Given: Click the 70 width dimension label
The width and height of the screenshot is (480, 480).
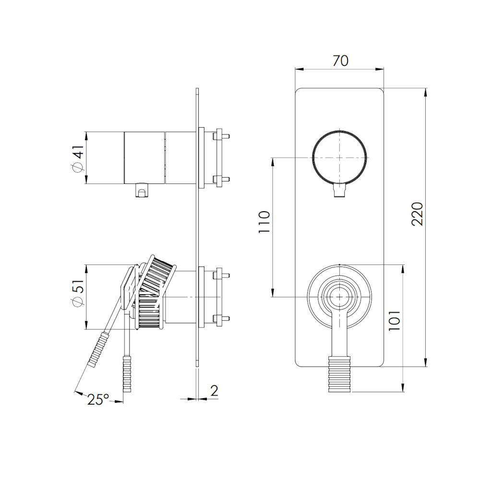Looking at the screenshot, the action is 340,60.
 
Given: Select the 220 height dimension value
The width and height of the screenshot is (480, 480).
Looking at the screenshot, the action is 417,214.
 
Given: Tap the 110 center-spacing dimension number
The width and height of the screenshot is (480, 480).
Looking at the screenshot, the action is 264,222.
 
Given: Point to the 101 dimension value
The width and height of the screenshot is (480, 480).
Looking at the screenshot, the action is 395,321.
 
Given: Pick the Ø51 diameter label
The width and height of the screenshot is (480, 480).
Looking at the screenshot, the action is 78,293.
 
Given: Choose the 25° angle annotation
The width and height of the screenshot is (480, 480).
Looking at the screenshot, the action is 98,399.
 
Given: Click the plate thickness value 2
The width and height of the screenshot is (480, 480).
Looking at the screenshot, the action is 214,391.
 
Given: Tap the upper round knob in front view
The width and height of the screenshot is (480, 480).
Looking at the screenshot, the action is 339,157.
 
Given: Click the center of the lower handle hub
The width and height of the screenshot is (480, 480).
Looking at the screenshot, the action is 340,297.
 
